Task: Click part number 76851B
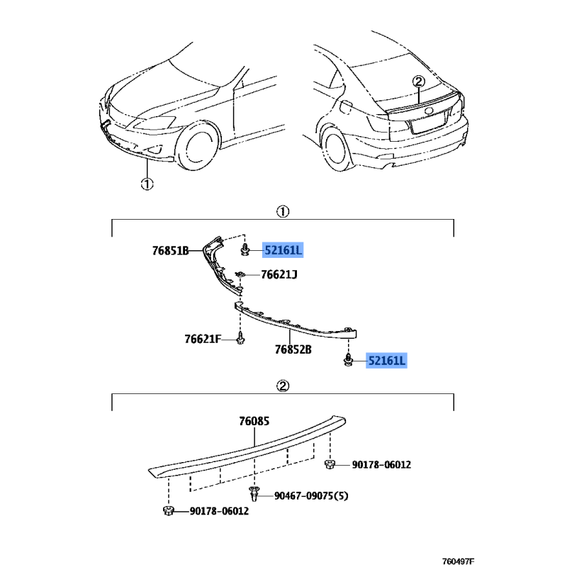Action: [170, 251]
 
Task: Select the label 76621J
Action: [279, 275]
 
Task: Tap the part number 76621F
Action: [203, 339]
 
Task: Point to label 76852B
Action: [293, 349]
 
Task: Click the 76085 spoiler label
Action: [254, 421]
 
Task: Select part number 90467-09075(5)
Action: [311, 495]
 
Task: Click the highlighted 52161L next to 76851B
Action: [283, 250]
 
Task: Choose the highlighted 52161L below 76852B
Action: [386, 361]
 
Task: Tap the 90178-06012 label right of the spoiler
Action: [381, 465]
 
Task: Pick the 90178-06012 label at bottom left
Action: [219, 511]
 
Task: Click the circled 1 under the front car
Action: [147, 184]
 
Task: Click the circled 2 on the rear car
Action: [418, 82]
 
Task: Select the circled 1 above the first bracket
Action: [283, 211]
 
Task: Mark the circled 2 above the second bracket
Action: [283, 386]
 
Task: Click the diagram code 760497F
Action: [458, 561]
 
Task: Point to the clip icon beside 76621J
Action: [240, 274]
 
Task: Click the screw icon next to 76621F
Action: [240, 338]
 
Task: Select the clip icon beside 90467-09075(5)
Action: [254, 493]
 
